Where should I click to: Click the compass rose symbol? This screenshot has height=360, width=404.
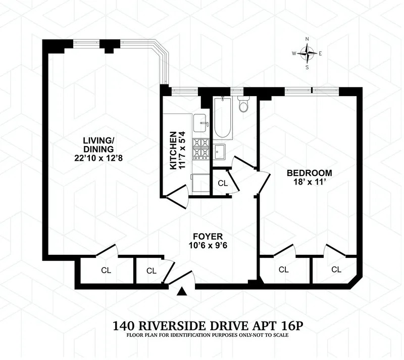[307, 52]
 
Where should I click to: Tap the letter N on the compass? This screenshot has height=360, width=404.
[307, 38]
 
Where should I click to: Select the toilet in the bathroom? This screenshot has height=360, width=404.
[243, 105]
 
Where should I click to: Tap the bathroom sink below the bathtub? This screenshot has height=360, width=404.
[220, 151]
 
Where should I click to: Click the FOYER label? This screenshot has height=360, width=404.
[207, 236]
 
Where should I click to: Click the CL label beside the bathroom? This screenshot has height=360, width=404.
[222, 184]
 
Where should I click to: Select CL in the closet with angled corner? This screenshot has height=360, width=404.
[336, 270]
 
